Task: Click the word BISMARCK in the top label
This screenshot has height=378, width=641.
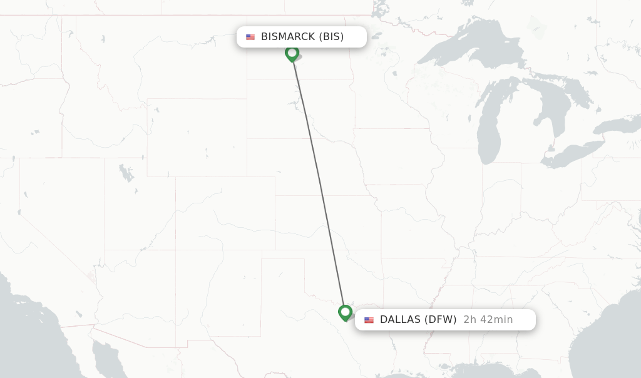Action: coord(288,37)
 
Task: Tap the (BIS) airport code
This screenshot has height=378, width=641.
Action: coord(332,37)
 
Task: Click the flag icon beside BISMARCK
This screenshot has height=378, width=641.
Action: coord(250,37)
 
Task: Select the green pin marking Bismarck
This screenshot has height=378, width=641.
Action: coord(292,53)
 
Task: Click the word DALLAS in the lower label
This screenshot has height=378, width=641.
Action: coord(400,320)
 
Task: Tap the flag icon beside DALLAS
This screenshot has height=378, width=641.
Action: coord(369,320)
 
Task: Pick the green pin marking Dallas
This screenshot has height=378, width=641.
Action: coord(345,312)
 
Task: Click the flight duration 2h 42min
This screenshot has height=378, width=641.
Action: coord(488,320)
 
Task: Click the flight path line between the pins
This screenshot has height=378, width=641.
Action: coord(318,181)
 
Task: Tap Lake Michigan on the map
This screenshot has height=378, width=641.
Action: coord(489,125)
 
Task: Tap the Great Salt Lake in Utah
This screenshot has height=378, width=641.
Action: coord(126,171)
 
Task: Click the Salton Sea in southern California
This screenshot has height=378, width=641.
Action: coord(91,275)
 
